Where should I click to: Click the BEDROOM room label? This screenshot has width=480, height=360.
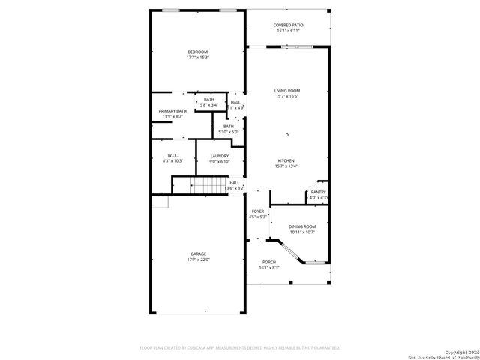198,52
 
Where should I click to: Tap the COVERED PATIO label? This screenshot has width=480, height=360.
288,25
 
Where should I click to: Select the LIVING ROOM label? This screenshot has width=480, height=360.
287,91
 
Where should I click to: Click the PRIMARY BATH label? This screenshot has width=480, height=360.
172,111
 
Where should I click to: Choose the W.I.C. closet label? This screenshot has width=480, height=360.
172,155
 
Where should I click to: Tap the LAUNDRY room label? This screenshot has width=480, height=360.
220,156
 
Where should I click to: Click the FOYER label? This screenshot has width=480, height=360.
257,211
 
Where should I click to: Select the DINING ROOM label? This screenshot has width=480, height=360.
302,226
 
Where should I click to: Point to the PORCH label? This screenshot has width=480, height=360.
268,262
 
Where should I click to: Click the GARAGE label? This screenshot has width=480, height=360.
198,254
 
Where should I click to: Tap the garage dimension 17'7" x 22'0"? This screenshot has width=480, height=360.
198,259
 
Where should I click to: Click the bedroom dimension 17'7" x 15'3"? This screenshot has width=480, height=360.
198,57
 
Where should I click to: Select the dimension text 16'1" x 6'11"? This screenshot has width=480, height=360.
288,31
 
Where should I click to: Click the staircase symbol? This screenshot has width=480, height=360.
199,186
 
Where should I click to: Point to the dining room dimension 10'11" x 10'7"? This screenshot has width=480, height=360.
302,232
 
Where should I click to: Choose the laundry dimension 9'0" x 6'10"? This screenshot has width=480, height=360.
220,161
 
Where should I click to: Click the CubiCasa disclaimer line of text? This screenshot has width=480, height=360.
240,348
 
